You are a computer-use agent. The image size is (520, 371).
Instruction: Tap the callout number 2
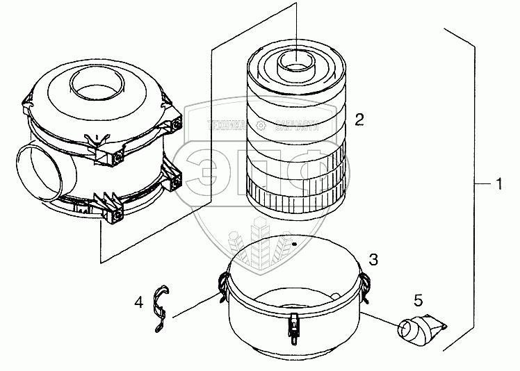click(359, 119)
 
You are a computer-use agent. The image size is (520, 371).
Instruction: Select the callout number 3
click(373, 260)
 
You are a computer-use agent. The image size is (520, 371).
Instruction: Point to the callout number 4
click(139, 302)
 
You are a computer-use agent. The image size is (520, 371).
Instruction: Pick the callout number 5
click(418, 300)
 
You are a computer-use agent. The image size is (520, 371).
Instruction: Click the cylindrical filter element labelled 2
click(296, 132)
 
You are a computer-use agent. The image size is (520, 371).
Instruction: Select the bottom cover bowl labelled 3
click(292, 306)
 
